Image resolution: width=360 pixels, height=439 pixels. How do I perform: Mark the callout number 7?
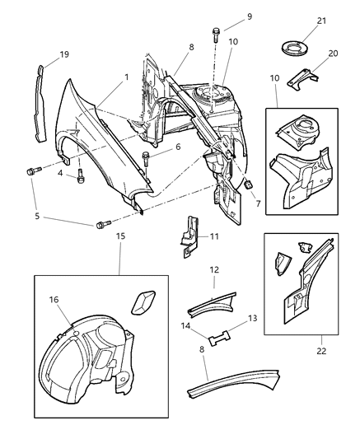pyautogui.click(x=257, y=203)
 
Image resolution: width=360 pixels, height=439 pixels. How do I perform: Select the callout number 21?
pyautogui.click(x=300, y=20)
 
